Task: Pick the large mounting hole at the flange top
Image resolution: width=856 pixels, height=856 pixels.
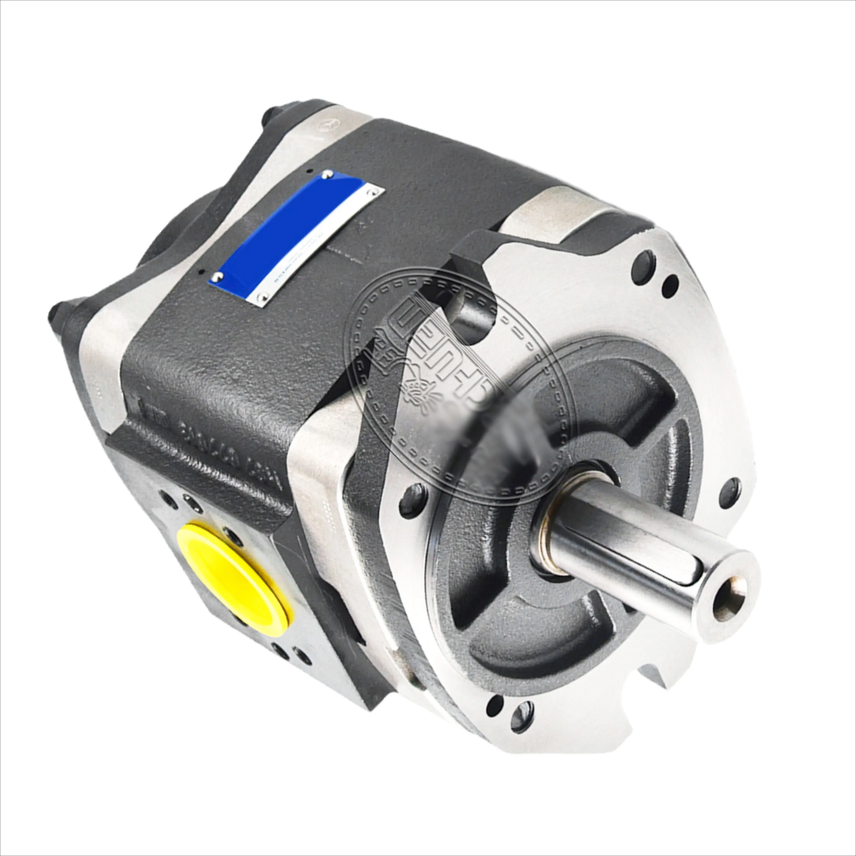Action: [643, 265]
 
